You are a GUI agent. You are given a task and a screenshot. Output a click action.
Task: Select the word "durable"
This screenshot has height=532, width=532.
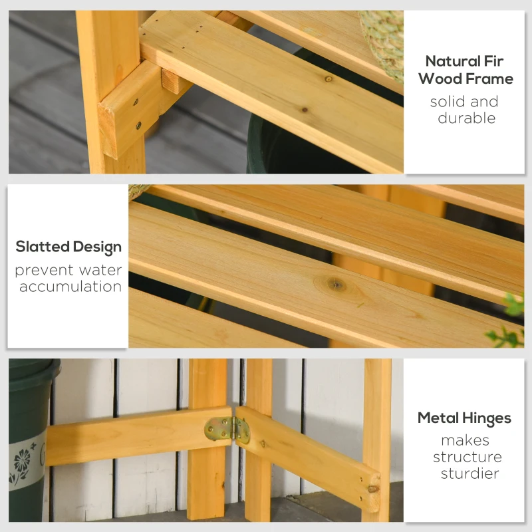[467, 118]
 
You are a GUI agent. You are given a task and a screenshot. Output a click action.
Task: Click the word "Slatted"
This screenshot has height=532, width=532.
[43, 247]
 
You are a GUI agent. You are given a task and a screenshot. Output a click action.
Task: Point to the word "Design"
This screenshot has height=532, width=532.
[97, 247]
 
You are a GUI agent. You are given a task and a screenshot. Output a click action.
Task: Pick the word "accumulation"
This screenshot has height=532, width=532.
[70, 287]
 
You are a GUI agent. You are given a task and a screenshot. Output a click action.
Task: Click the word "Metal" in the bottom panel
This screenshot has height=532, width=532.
[438, 418]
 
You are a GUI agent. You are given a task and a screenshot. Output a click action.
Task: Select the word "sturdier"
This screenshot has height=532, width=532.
[470, 473]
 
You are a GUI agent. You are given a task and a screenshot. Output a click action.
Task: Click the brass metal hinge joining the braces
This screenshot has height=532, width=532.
[227, 430]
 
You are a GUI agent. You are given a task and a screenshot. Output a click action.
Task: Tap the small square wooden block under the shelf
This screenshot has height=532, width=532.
[170, 81]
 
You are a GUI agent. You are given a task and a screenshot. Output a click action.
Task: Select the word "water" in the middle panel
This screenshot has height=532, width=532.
[100, 271]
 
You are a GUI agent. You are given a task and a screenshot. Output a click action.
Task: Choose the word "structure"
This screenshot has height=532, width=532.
[467, 457]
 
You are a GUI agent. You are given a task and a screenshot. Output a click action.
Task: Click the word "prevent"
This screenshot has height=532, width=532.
[45, 271]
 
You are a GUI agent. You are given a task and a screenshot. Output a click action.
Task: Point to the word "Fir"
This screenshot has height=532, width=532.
[493, 61]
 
